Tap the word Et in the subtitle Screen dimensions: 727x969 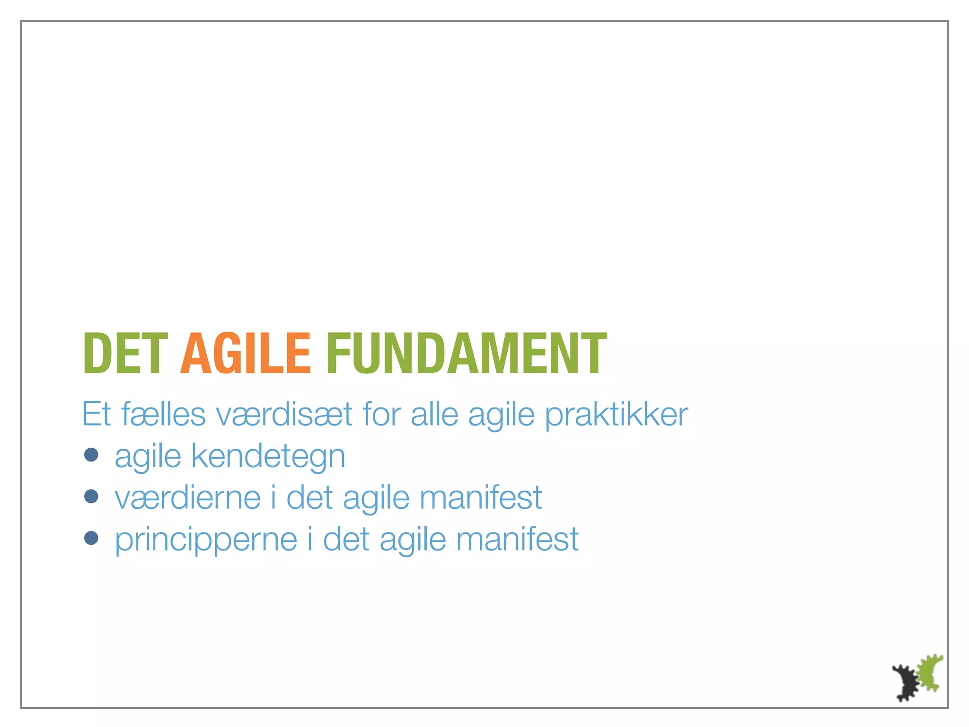(x=97, y=415)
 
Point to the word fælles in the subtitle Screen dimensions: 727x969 (x=164, y=415)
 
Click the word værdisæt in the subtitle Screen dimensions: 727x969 (x=284, y=415)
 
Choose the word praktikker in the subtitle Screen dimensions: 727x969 (x=617, y=415)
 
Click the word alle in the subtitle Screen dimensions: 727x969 (x=434, y=415)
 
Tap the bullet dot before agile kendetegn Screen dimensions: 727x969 (x=91, y=455)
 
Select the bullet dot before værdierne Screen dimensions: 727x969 (x=91, y=496)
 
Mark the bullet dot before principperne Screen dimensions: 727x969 (x=91, y=538)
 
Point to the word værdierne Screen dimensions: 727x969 (x=188, y=498)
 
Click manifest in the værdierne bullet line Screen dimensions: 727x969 (x=481, y=498)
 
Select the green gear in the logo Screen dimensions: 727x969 (x=930, y=672)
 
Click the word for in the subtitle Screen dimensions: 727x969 (x=382, y=415)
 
